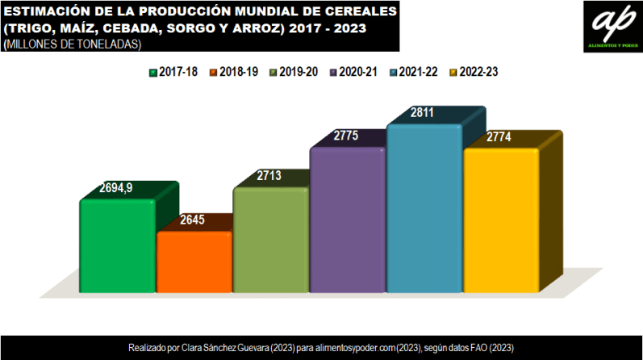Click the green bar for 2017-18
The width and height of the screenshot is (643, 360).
[117, 246]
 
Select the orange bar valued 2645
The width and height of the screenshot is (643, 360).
[194, 262]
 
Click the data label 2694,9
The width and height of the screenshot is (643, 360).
[115, 188]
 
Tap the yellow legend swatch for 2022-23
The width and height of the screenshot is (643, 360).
[453, 73]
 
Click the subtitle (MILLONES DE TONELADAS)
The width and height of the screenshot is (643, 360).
[73, 45]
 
